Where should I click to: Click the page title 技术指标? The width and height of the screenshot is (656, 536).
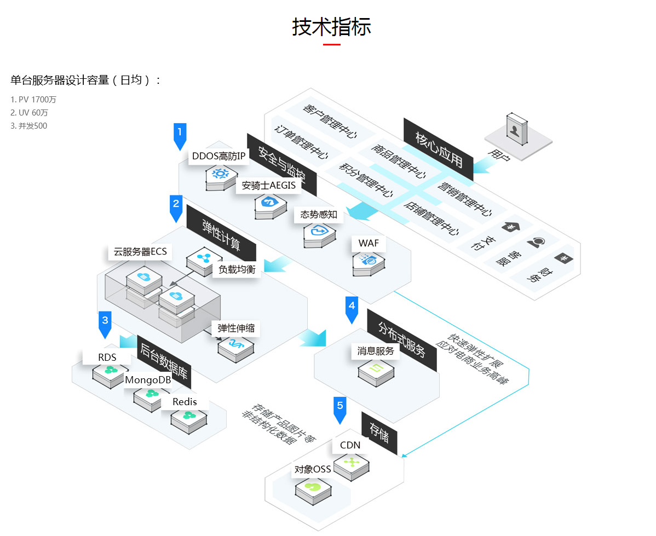[331, 27]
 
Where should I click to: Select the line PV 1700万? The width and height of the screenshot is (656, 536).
[33, 100]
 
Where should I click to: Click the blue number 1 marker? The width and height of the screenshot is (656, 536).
[180, 134]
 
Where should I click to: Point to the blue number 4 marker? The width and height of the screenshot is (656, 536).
[352, 308]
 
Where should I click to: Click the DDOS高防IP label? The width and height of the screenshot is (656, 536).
[218, 157]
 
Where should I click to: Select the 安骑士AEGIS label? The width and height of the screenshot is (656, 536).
[268, 186]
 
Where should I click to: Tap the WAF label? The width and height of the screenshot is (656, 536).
[369, 243]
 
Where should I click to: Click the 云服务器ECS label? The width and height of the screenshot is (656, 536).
[140, 252]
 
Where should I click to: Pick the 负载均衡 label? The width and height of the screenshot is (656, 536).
[237, 269]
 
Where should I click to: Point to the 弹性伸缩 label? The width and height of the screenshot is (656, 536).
[235, 328]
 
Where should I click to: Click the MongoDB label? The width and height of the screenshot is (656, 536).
[148, 380]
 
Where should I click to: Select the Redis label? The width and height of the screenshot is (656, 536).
[184, 402]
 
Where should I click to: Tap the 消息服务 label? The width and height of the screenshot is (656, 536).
[376, 351]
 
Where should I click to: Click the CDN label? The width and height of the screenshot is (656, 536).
[350, 445]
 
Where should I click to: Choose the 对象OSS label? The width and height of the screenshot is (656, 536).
[313, 469]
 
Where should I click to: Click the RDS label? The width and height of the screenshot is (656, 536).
[107, 358]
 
